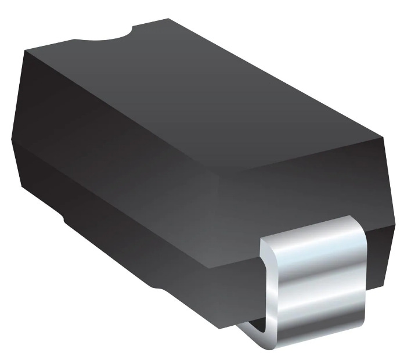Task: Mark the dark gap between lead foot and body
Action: pos(255,322)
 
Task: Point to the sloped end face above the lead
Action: pos(302,186)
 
